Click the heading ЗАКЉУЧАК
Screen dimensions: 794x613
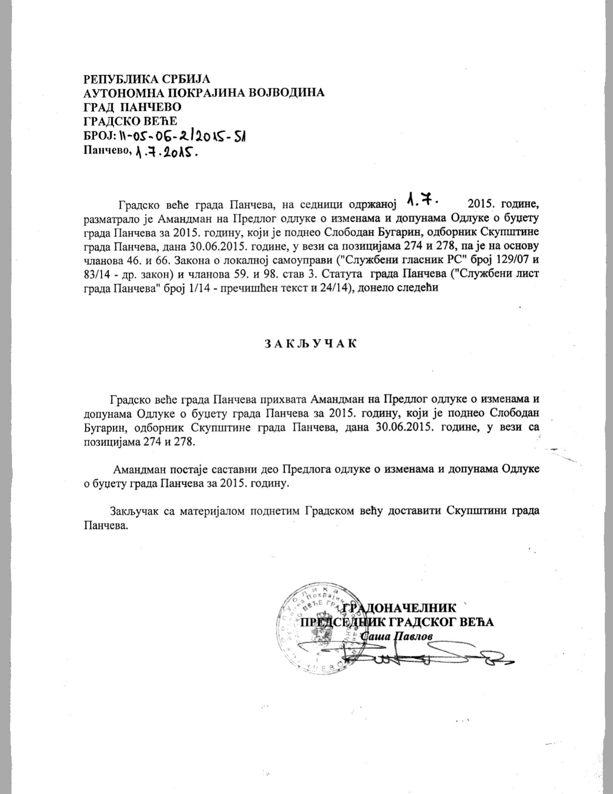pyautogui.click(x=310, y=344)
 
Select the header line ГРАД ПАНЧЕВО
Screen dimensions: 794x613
pyautogui.click(x=133, y=106)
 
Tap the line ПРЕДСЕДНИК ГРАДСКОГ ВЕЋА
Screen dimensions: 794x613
pyautogui.click(x=397, y=622)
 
